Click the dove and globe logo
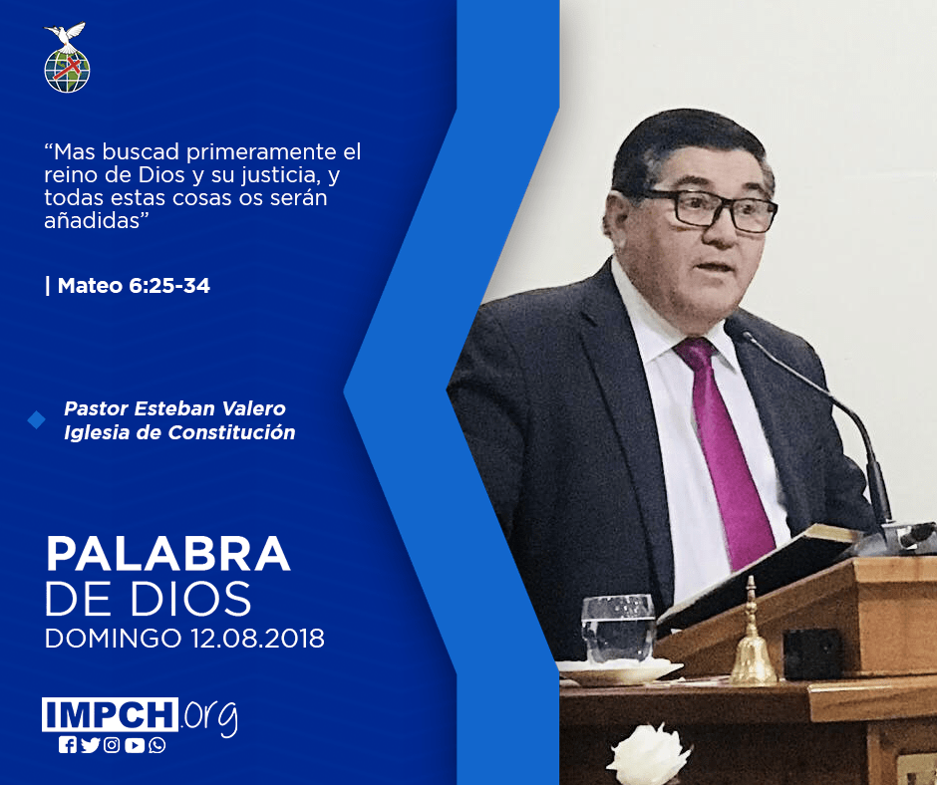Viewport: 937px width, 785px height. (x=67, y=58)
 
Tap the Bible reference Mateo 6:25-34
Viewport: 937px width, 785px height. (x=134, y=286)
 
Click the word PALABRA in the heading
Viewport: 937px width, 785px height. (x=167, y=554)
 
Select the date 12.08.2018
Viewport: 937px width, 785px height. (x=257, y=638)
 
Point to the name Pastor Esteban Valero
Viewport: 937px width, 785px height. (x=175, y=408)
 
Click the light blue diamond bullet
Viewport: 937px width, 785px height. (x=37, y=420)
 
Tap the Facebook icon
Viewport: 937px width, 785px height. (x=68, y=745)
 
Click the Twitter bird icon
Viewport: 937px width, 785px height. (x=90, y=745)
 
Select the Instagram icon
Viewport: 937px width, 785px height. (x=112, y=745)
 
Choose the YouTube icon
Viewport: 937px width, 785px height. (x=135, y=745)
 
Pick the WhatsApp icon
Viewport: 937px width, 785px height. (x=157, y=745)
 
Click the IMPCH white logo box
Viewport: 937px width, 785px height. (x=110, y=714)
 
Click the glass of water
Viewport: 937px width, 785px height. (x=618, y=629)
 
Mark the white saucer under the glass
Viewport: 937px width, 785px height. (x=620, y=671)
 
